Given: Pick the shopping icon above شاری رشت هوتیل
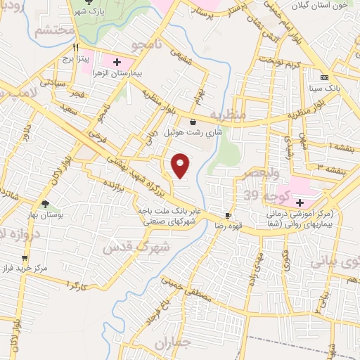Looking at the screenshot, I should coord(193,122).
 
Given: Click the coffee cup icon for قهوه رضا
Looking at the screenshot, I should coord(228,216).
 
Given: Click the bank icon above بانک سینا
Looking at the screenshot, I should coord(324,77).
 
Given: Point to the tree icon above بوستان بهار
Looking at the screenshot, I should coord(46,205).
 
